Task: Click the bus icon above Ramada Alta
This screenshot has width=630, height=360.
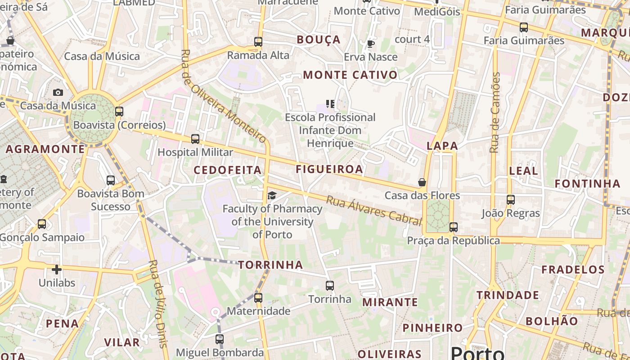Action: [x=258, y=42]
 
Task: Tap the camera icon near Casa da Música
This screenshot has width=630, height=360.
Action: [x=58, y=92]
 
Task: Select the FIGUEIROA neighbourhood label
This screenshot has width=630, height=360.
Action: [x=329, y=169]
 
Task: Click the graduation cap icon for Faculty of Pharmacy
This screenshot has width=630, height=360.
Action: [x=272, y=195]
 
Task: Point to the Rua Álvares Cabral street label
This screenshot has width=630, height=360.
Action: [x=373, y=211]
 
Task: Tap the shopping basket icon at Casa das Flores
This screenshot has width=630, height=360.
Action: [x=422, y=182]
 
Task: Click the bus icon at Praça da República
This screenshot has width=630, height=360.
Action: [x=454, y=227]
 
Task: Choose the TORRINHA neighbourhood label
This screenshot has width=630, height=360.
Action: [x=270, y=265]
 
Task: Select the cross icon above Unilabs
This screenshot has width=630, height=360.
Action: [x=56, y=270]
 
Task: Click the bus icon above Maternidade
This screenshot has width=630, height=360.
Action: [x=258, y=297]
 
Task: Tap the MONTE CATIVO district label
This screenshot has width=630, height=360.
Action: [x=351, y=75]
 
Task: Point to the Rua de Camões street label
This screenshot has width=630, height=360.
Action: [x=495, y=112]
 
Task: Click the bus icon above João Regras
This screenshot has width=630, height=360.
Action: [x=510, y=199]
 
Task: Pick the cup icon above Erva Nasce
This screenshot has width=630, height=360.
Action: [x=370, y=44]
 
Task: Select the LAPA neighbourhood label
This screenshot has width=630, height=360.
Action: [x=442, y=146]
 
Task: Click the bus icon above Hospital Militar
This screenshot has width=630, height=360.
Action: [x=195, y=139]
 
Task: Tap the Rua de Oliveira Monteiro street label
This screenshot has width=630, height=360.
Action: [x=224, y=95]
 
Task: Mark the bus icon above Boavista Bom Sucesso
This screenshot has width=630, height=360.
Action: [x=111, y=180]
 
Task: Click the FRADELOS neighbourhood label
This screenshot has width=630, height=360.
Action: [x=573, y=270]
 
